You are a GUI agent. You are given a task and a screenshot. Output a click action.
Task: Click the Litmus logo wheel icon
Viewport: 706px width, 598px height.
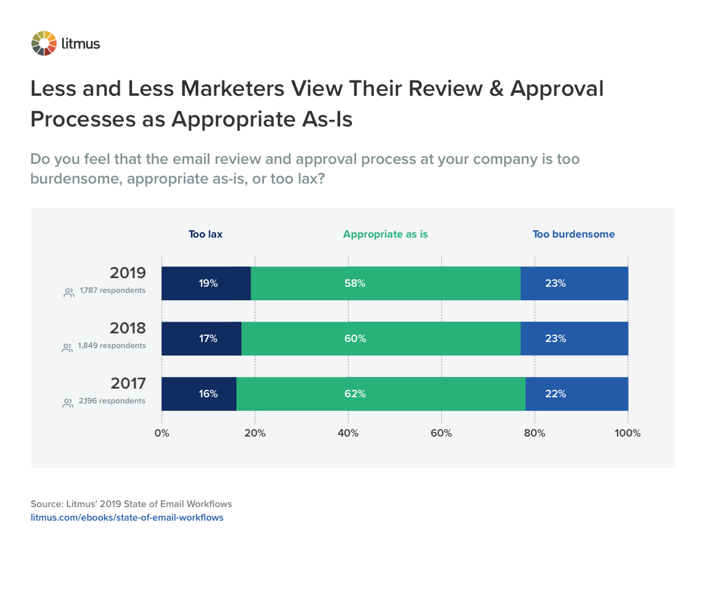tap(44, 43)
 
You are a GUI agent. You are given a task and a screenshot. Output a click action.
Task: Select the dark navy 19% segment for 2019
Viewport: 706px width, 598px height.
tap(206, 284)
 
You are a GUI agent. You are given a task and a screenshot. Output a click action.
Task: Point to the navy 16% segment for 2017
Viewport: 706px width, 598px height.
tap(199, 394)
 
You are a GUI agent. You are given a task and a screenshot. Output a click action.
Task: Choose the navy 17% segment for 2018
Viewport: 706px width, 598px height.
tap(201, 339)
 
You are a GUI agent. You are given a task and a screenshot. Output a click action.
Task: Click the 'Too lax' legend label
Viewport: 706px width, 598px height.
tap(205, 234)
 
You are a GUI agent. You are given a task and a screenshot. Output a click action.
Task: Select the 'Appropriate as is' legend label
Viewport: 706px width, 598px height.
tap(385, 234)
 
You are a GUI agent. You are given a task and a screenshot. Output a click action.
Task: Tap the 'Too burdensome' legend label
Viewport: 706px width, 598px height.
tap(573, 234)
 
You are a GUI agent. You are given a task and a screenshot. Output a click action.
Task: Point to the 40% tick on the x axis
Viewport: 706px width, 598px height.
tap(348, 433)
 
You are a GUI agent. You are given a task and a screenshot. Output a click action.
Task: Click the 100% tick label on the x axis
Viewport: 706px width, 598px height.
tap(627, 433)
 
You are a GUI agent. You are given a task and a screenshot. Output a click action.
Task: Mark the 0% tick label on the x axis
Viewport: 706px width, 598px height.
tap(161, 433)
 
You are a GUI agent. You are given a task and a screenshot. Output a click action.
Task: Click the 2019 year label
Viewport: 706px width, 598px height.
tap(128, 273)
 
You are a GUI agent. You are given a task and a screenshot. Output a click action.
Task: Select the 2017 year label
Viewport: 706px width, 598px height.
tap(128, 384)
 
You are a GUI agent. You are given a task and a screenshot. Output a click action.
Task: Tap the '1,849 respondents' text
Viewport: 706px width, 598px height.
tap(112, 346)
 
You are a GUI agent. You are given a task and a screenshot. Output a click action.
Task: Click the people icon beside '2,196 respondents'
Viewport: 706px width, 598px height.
tap(68, 403)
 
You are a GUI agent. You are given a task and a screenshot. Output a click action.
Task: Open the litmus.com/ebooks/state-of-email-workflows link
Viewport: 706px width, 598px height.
tap(127, 518)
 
